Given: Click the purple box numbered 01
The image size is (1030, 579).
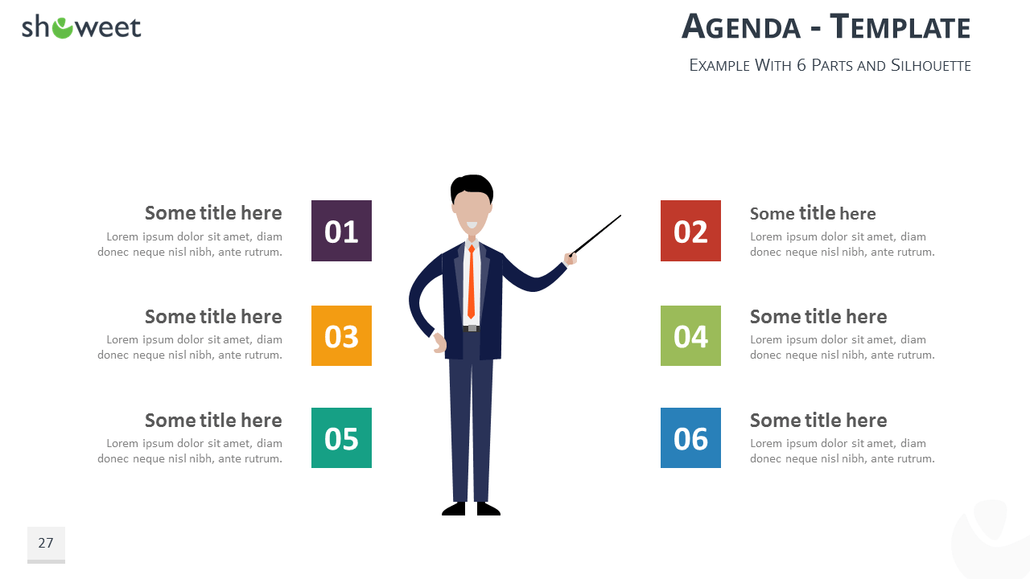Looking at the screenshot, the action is (x=341, y=231).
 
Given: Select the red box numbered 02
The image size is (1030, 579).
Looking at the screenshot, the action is (x=690, y=231).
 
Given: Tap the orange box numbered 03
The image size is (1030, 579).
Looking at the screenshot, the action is (x=341, y=335).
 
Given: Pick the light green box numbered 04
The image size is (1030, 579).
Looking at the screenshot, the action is (x=690, y=335).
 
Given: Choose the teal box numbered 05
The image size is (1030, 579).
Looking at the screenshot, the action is (x=341, y=437).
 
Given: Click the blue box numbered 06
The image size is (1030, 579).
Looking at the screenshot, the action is (x=690, y=437).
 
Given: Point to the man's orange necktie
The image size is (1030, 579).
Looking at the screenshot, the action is (x=472, y=281).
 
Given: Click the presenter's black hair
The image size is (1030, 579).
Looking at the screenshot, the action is (x=472, y=186).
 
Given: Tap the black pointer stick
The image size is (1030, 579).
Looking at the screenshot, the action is (x=595, y=236).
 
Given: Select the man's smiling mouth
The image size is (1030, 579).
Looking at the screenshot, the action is (x=472, y=225).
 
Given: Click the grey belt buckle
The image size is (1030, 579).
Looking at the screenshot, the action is (x=472, y=329).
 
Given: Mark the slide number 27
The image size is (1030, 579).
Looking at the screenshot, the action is (x=46, y=543).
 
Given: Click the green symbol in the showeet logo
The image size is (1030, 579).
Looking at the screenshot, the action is (x=62, y=28).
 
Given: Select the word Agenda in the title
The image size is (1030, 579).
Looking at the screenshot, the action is (x=741, y=27).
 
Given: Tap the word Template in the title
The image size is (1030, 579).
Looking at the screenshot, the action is (x=900, y=27).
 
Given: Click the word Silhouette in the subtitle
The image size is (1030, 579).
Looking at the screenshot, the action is (x=931, y=65).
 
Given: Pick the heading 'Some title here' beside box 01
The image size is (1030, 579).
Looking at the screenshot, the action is (x=213, y=213).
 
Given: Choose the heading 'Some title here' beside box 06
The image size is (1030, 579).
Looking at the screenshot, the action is (x=818, y=420).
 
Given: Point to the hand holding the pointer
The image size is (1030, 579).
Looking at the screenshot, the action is (x=571, y=260).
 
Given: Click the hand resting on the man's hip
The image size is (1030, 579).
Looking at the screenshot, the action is (x=439, y=343).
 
